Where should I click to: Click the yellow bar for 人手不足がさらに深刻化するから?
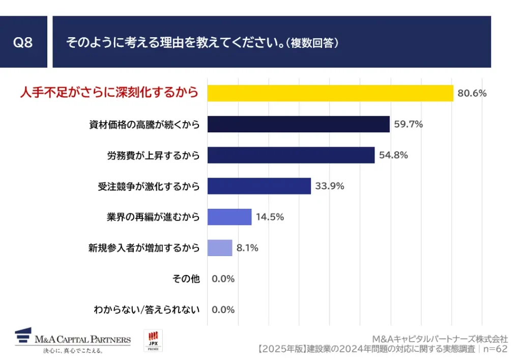coord(330,93)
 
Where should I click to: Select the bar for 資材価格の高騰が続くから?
coord(298,124)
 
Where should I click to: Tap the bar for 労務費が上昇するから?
coord(291,155)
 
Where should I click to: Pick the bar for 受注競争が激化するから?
coord(259,186)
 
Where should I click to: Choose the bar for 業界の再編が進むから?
coord(229,217)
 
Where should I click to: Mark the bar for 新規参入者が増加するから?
coord(219,248)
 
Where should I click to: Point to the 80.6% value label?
coord(472,94)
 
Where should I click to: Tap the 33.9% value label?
coord(330,186)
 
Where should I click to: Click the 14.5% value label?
coord(270,217)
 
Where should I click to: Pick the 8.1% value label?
coord(247,248)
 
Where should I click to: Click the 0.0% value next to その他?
coord(223,279)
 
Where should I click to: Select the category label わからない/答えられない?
coord(147,310)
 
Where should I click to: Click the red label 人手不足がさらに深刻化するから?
coord(108,93)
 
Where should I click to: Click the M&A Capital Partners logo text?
coord(82,340)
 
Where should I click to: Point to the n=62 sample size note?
coord(495,349)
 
